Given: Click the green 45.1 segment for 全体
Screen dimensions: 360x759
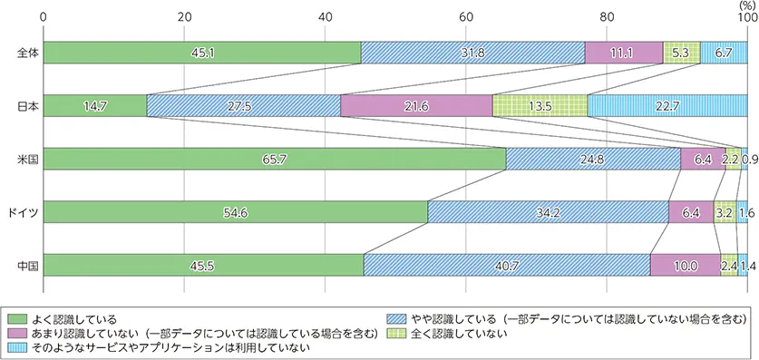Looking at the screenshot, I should [201, 53].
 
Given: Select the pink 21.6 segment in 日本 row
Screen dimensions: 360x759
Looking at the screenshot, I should [416, 106].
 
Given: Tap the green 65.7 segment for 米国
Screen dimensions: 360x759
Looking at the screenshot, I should [274, 159].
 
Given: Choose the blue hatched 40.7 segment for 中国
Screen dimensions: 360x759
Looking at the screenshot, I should [506, 266].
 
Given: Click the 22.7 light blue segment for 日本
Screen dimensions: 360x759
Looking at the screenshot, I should [667, 106].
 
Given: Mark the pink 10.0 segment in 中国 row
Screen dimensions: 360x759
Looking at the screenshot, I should [686, 266].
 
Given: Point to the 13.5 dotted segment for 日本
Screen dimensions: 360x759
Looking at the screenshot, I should [540, 106].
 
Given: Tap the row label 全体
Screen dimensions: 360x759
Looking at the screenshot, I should [26, 53].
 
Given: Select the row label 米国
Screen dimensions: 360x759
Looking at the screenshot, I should [26, 159].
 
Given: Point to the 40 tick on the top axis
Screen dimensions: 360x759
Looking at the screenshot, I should [325, 16].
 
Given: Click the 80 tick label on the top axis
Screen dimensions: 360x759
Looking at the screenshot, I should [607, 16].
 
